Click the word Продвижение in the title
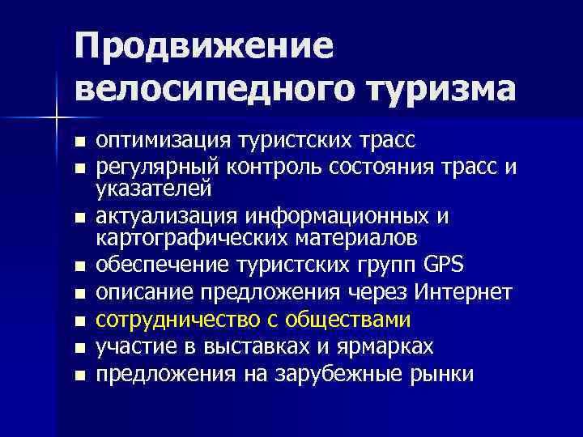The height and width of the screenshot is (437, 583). coord(204,46)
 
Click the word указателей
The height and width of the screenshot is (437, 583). coord(154,189)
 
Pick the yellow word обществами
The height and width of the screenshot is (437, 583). coord(351,320)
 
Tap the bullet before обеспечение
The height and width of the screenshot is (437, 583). coord(79,267)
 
